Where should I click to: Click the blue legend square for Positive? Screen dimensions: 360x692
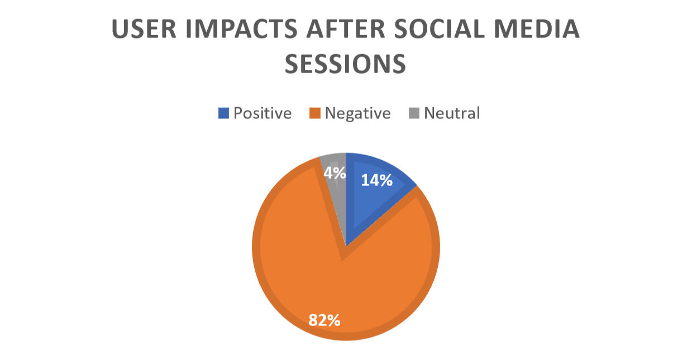point(223,114)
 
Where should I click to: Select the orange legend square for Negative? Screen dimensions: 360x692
point(314,114)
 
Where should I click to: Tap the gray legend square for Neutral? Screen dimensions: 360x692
point(414,114)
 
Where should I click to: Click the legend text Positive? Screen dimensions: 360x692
point(263,113)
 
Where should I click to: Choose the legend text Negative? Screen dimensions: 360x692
point(357,113)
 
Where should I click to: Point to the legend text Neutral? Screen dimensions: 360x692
point(452,113)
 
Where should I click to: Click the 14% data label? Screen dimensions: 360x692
point(376,180)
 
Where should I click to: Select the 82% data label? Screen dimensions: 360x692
point(324,320)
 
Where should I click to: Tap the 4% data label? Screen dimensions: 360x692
point(335,173)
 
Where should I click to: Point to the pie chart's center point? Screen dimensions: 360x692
point(346,246)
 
